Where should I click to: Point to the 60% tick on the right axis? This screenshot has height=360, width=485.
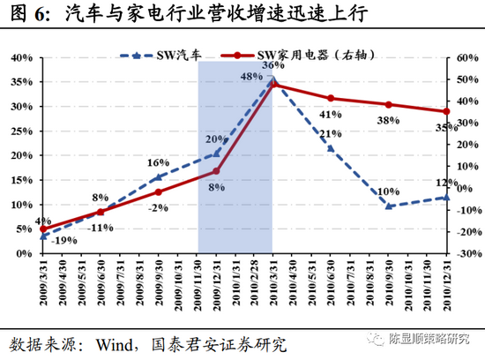pos(465,58)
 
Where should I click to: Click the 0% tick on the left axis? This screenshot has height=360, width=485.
pos(23,253)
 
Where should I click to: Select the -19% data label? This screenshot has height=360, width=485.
pos(62,239)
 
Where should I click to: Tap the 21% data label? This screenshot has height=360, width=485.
pos(331,134)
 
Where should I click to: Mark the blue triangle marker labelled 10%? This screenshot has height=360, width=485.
pos(388,206)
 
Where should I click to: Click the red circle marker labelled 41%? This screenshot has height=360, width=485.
pos(331,98)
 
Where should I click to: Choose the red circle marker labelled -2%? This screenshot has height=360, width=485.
pos(159,191)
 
